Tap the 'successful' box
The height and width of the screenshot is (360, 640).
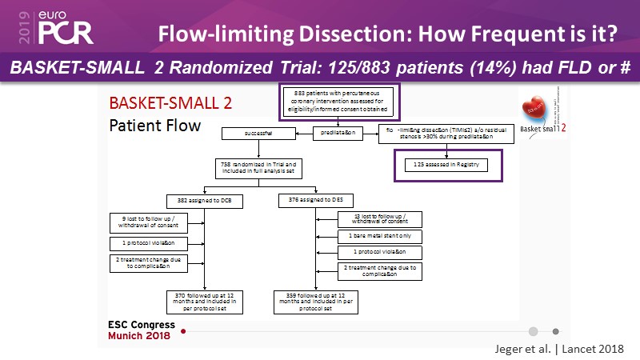pos(256,135)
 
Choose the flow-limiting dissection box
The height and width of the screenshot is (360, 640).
pos(451,135)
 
